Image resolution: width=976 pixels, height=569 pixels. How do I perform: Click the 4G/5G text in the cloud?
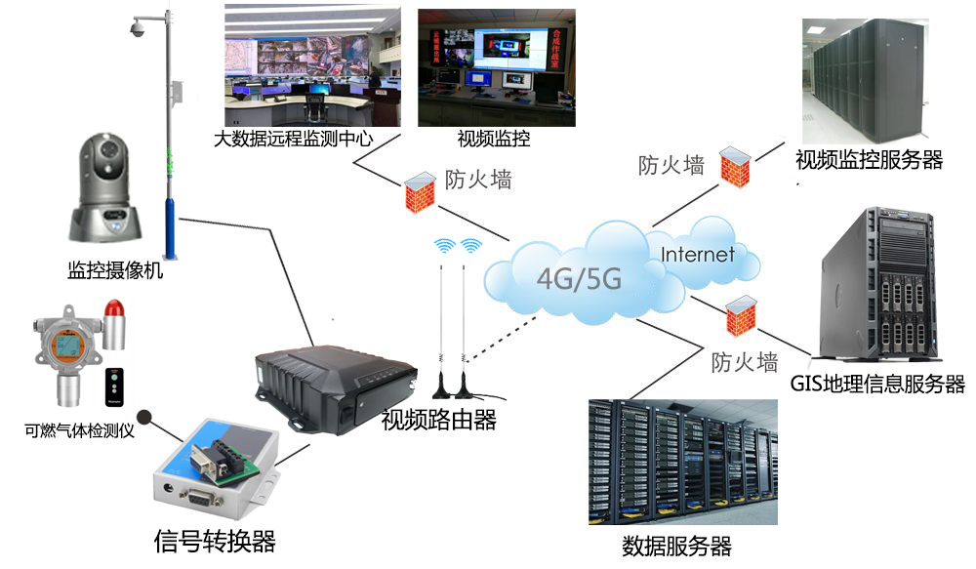tap(579, 279)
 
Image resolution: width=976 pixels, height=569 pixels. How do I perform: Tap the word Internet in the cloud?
tap(697, 256)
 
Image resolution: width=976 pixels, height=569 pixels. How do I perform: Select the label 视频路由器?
tap(438, 421)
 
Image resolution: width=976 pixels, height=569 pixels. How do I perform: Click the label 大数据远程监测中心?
tap(293, 139)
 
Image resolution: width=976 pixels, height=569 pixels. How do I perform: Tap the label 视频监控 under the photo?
tap(494, 139)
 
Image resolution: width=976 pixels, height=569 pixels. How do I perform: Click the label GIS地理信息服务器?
tap(877, 384)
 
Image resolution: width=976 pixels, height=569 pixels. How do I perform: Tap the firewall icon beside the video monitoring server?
tap(735, 163)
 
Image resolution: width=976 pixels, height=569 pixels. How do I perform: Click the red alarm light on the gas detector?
tap(115, 325)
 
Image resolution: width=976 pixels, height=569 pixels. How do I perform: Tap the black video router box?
tap(322, 386)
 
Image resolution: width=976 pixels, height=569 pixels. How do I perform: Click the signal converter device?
tap(215, 467)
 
